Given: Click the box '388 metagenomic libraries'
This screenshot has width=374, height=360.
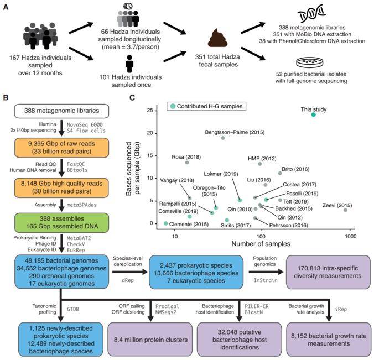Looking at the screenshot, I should (x=58, y=111).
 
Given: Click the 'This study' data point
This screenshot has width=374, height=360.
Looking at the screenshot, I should (x=314, y=114).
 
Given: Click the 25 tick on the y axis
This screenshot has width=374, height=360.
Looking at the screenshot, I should (x=158, y=111).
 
